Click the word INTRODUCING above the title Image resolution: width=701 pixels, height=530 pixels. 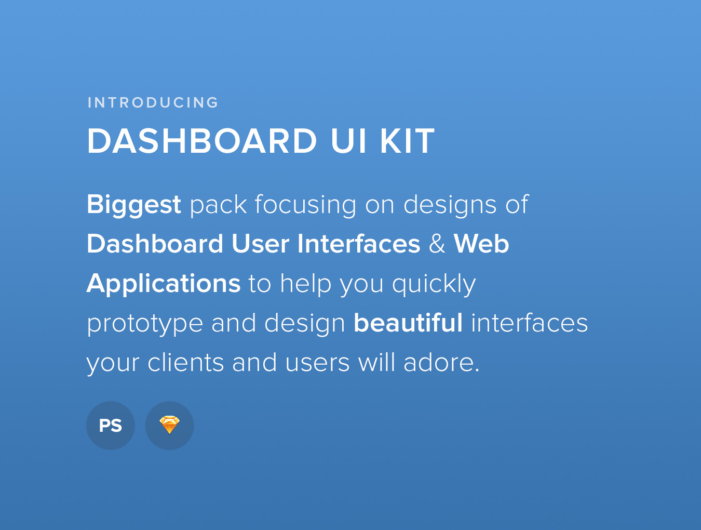point(153,102)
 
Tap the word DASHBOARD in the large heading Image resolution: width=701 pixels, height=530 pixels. point(202,141)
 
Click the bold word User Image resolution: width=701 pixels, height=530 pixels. point(261,244)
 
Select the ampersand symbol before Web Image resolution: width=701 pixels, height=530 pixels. point(437,244)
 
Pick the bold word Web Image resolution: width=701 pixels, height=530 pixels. point(481,244)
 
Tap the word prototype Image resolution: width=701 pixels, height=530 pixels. point(145,324)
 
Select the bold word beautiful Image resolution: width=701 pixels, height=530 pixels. point(408,323)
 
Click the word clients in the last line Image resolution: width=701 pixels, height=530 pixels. point(185,363)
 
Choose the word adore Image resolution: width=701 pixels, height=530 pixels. point(442,363)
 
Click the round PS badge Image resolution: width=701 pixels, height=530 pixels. point(111,426)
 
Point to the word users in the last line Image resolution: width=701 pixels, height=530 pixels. point(317,363)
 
